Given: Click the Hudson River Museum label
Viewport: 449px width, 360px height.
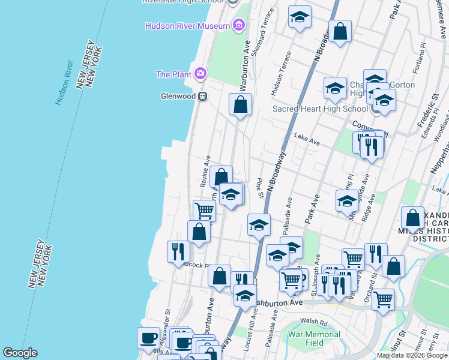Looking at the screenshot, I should (x=188, y=26).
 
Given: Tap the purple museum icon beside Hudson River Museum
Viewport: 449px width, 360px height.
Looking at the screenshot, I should (x=239, y=25).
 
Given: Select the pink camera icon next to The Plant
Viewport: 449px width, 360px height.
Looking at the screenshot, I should (x=200, y=74).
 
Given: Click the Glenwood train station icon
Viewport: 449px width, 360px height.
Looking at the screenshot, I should (x=203, y=96).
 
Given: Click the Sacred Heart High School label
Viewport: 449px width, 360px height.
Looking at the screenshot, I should (x=320, y=109).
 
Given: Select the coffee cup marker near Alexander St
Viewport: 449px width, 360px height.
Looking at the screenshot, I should (x=148, y=337).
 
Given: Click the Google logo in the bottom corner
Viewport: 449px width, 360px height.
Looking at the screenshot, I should (x=20, y=353).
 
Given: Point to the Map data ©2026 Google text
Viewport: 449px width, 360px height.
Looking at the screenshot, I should (x=412, y=355).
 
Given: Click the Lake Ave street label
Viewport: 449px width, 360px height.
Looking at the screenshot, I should (x=307, y=140).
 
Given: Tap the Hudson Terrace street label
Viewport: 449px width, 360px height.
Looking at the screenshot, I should (x=281, y=73).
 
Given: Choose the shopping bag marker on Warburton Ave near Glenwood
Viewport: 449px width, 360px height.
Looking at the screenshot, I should (x=240, y=105).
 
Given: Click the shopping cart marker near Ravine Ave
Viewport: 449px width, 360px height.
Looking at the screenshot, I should (x=204, y=211).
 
